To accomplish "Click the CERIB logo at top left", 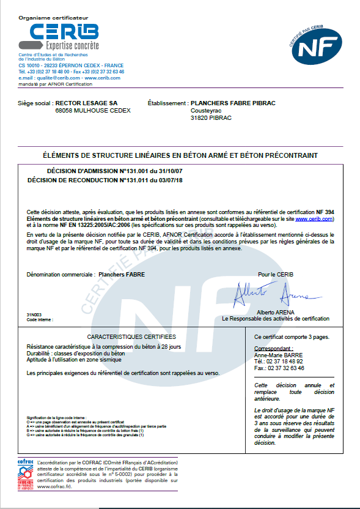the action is (x=58, y=37).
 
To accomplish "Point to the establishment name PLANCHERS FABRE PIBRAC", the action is (x=233, y=103).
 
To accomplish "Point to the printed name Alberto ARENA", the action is (x=275, y=312).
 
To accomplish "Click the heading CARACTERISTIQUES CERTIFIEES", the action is (x=131, y=337).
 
